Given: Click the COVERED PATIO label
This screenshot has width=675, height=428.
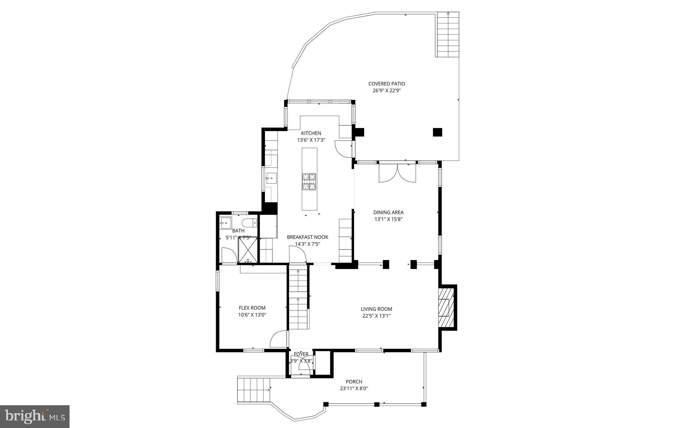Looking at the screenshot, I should [x=386, y=84].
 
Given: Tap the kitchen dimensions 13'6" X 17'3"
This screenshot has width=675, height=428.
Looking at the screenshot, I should [x=311, y=140].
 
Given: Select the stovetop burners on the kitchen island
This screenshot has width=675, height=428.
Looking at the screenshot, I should [x=309, y=181].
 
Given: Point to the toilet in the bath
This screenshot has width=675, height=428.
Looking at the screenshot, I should [x=249, y=223].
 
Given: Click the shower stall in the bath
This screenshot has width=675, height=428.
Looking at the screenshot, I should [x=248, y=250].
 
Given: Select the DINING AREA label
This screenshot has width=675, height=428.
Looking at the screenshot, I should [x=388, y=213].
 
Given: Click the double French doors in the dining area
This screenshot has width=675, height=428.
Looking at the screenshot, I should [x=397, y=173].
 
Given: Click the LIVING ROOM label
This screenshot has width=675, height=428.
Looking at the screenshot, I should [x=376, y=309].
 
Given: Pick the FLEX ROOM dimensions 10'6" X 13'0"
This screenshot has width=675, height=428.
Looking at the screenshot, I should [x=252, y=315].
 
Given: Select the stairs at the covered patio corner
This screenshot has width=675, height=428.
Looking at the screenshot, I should [x=448, y=35].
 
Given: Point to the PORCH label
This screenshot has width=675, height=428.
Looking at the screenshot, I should [x=354, y=382].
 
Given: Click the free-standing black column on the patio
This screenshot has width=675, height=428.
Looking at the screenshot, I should [x=437, y=132].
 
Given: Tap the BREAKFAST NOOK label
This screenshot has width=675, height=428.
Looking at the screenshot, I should [x=308, y=237].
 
